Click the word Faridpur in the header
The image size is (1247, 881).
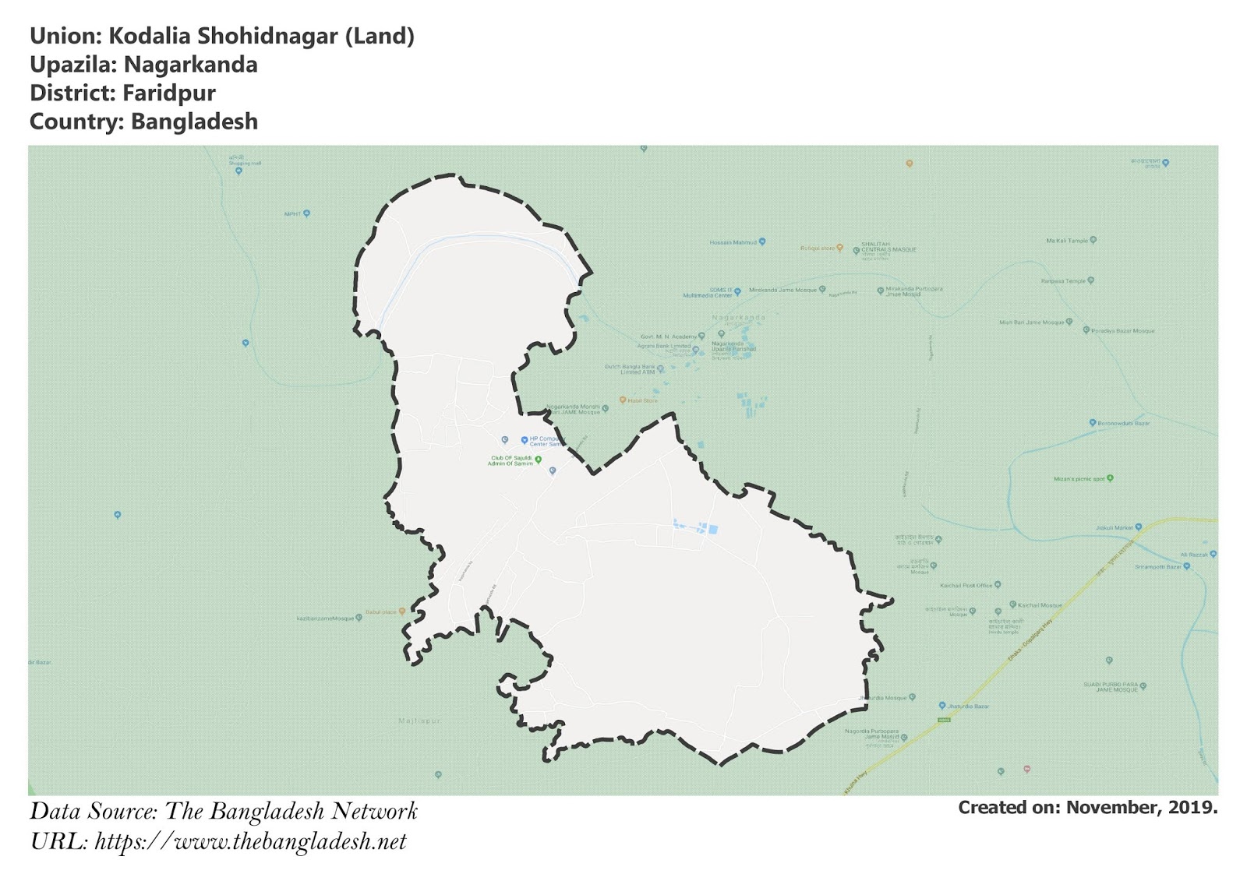click(x=169, y=93)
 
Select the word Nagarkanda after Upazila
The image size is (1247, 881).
click(x=190, y=65)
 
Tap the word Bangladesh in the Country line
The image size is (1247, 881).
click(x=194, y=122)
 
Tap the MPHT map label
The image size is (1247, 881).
click(x=292, y=213)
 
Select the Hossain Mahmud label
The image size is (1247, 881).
click(x=733, y=242)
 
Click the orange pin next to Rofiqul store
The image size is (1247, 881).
click(x=839, y=248)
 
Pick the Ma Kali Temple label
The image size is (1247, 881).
click(x=1066, y=241)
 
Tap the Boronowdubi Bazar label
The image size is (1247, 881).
click(x=1123, y=423)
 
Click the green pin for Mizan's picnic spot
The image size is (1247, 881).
click(x=1110, y=478)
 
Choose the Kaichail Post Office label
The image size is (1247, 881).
click(x=966, y=585)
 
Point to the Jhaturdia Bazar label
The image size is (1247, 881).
click(x=968, y=706)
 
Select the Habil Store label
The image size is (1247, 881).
click(x=642, y=400)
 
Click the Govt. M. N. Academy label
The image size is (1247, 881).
click(x=668, y=337)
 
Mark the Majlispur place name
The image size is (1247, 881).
click(x=419, y=721)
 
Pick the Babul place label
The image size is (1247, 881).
click(x=381, y=612)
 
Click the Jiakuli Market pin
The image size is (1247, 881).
click(x=1139, y=527)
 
